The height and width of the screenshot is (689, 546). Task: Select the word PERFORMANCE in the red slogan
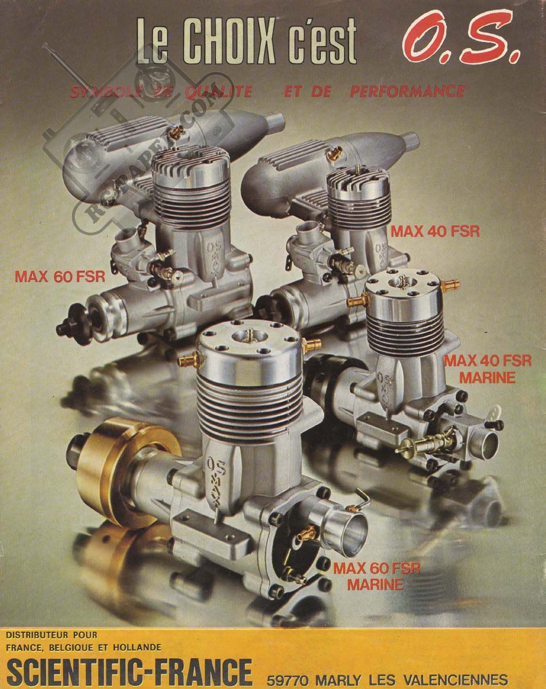407,91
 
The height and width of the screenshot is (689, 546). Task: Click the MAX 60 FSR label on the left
60,276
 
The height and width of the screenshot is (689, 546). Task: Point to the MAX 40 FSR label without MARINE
435,231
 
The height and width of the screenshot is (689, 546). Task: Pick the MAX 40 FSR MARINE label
488,369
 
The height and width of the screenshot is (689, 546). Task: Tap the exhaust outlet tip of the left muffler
275,123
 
